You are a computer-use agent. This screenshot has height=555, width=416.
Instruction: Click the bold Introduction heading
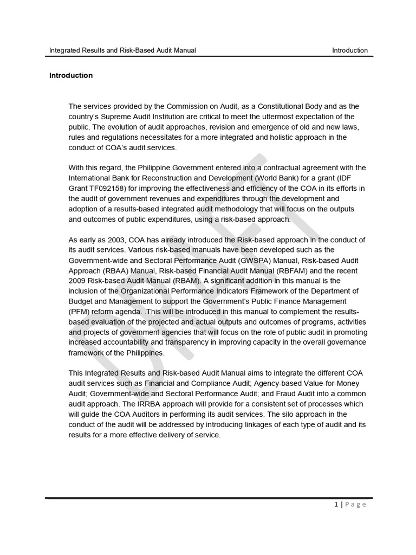pos(71,75)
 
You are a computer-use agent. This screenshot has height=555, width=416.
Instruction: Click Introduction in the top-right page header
pos(350,50)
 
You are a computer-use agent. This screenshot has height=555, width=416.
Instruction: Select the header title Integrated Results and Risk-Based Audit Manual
pos(122,50)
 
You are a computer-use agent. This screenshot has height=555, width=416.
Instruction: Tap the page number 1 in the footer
pos(336,504)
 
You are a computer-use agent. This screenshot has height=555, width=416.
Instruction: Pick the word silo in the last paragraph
pos(314,414)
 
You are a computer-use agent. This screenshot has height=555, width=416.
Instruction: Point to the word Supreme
pos(112,117)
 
